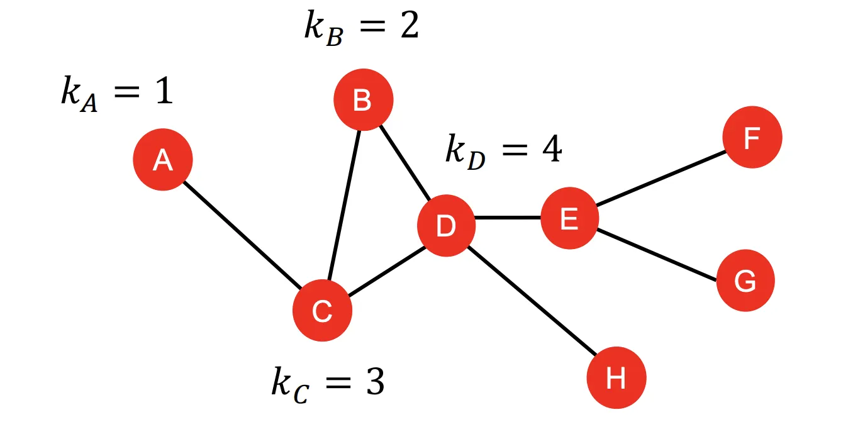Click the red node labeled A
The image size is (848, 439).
pyautogui.click(x=162, y=160)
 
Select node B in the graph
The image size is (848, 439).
pyautogui.click(x=363, y=100)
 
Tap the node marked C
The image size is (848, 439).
pyautogui.click(x=322, y=311)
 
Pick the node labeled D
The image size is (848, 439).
pyautogui.click(x=446, y=226)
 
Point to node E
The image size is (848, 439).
pyautogui.click(x=569, y=219)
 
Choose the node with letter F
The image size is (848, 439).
pyautogui.click(x=752, y=138)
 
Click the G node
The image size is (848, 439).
pyautogui.click(x=745, y=281)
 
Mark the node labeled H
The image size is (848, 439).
pyautogui.click(x=616, y=378)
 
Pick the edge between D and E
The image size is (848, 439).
pyautogui.click(x=507, y=218)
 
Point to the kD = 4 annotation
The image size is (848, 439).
pyautogui.click(x=503, y=150)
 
